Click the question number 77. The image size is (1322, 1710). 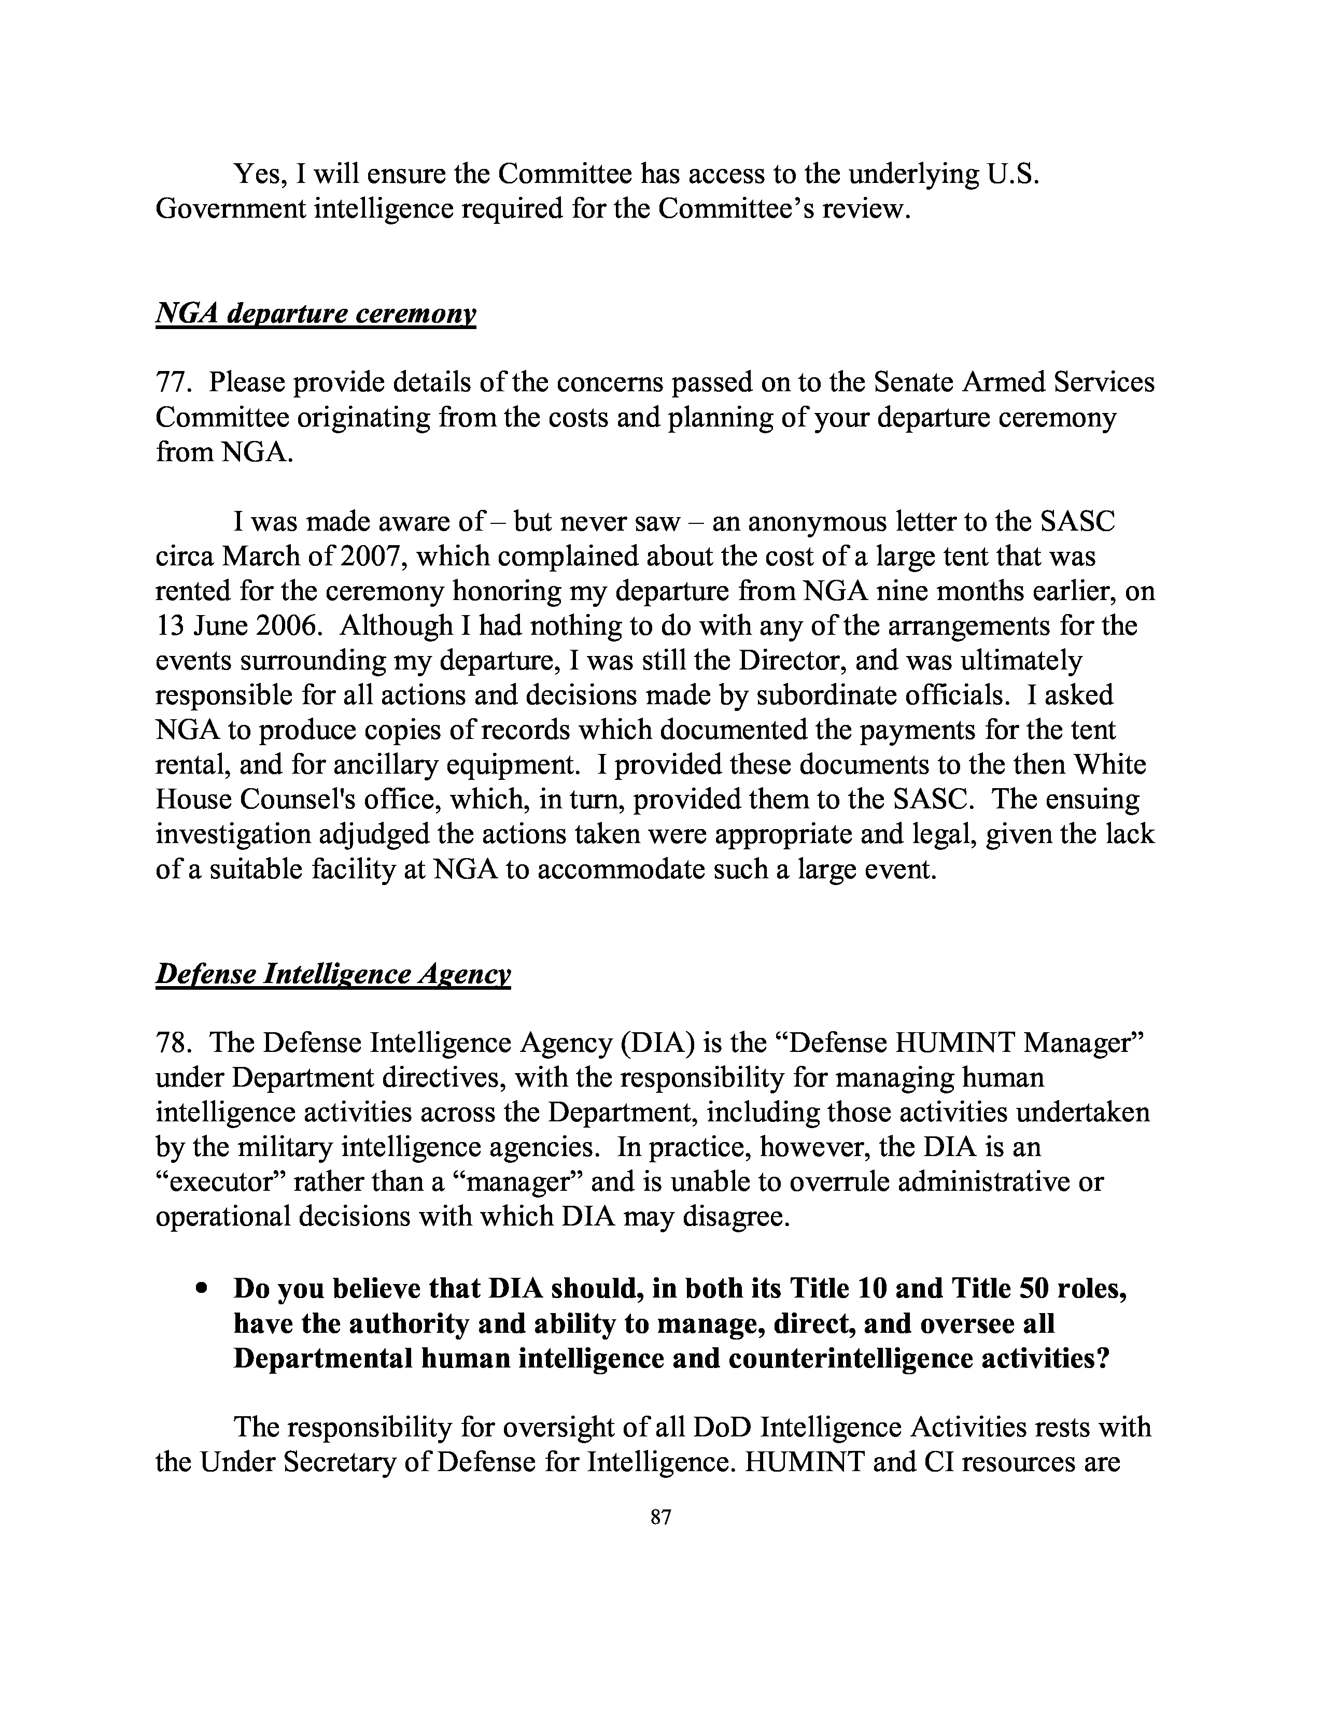click(172, 382)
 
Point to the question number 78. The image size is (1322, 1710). click(172, 1042)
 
